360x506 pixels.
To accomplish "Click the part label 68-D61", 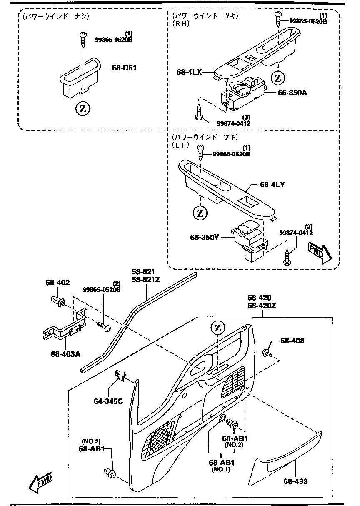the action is pyautogui.click(x=124, y=68).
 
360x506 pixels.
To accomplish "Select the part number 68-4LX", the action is pyautogui.click(x=189, y=72).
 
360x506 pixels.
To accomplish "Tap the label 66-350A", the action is pyautogui.click(x=292, y=93).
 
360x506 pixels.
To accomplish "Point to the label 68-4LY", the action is pyautogui.click(x=272, y=185).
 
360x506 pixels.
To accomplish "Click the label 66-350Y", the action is pyautogui.click(x=205, y=238).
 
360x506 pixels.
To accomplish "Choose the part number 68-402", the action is pyautogui.click(x=57, y=282).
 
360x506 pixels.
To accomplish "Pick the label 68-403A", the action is pyautogui.click(x=65, y=354).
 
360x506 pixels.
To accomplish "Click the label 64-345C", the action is pyautogui.click(x=108, y=401).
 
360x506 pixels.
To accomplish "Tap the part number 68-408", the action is pyautogui.click(x=292, y=341).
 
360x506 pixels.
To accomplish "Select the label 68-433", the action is pyautogui.click(x=295, y=481).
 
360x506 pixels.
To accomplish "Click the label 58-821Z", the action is pyautogui.click(x=146, y=280).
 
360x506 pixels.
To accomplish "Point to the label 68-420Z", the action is pyautogui.click(x=262, y=306).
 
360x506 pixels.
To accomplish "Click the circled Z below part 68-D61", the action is pyautogui.click(x=82, y=109).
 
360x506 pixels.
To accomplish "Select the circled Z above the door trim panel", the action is pyautogui.click(x=218, y=328).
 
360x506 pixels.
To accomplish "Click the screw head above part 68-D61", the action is pyautogui.click(x=83, y=35).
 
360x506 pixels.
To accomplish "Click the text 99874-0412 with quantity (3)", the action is pyautogui.click(x=233, y=123).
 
